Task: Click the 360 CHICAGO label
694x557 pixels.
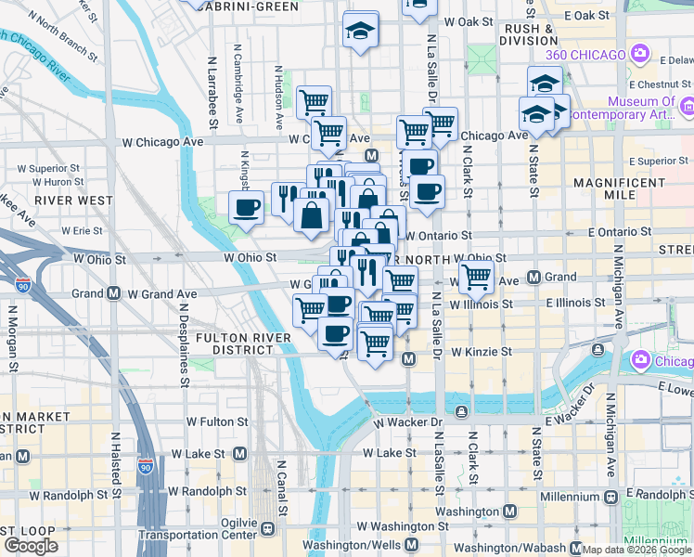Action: [x=585, y=55]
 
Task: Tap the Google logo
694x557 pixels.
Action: [x=31, y=546]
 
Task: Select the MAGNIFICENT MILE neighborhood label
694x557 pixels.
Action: [x=622, y=190]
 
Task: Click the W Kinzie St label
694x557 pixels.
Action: [x=482, y=352]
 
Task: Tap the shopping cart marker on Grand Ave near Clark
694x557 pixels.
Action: [x=476, y=276]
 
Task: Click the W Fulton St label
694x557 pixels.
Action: [x=217, y=421]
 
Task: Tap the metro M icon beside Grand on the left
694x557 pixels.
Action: [x=114, y=293]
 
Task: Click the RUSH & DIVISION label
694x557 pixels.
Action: [x=530, y=34]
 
